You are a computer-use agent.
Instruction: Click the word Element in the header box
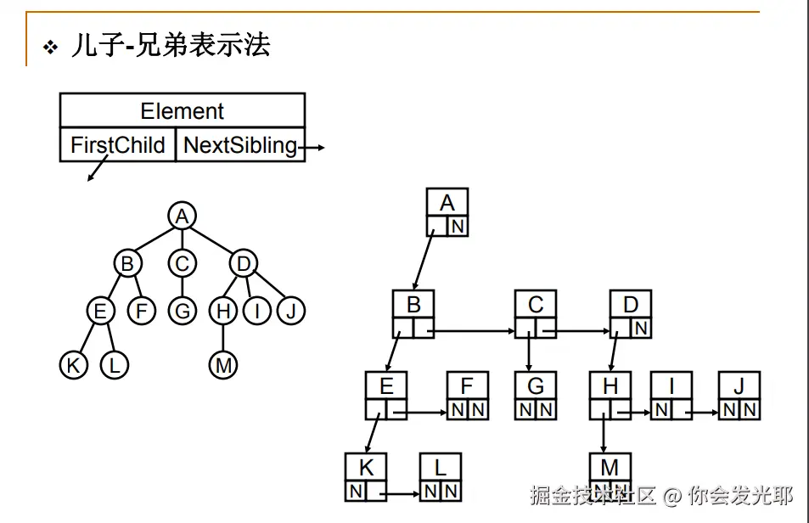pos(182,111)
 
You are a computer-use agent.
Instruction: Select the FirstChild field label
pos(117,145)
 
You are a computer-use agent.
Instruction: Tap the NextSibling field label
pos(240,145)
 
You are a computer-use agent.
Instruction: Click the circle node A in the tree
pos(181,216)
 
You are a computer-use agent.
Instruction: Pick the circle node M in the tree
pos(222,365)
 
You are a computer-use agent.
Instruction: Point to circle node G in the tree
pos(182,312)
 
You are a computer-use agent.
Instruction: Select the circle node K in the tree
pos(74,365)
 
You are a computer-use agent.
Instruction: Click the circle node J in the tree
pos(290,312)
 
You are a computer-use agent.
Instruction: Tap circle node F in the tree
pos(142,312)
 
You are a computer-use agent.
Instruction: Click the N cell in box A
pos(458,226)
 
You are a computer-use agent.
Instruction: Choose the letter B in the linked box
pos(413,303)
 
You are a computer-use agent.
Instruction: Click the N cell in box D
pos(641,328)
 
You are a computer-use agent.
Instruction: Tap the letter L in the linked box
pos(440,467)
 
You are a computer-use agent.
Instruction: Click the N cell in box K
pos(356,491)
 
